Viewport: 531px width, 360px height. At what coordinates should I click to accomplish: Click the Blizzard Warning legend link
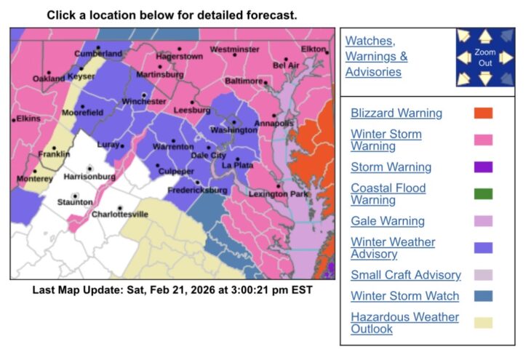[396, 113]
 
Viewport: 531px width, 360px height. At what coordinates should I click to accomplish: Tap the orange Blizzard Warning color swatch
[483, 113]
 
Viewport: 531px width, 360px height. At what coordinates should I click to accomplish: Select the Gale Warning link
[387, 221]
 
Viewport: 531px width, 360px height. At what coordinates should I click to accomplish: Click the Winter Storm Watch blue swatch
[483, 296]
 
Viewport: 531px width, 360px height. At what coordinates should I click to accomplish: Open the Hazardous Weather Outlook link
[404, 323]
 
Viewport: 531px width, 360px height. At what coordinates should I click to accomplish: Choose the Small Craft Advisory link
[405, 275]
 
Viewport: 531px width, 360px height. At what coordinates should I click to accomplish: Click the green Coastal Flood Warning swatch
[483, 194]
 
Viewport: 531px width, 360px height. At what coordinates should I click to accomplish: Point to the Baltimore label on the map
[243, 81]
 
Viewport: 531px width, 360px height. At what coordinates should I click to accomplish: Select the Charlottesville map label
[120, 215]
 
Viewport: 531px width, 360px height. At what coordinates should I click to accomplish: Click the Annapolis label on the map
[275, 124]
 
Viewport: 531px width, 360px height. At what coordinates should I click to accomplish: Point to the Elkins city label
[28, 119]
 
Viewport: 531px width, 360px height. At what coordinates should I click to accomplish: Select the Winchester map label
[144, 102]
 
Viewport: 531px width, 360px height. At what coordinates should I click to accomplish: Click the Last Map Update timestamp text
[172, 289]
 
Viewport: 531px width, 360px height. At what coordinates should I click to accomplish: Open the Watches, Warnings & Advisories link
[376, 56]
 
